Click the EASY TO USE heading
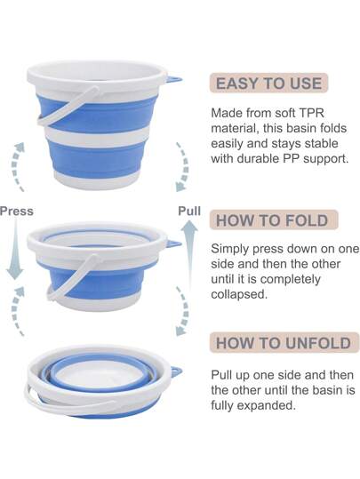268,84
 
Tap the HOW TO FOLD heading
272,220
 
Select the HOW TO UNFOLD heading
284,343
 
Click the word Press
17,212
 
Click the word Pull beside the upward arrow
189,211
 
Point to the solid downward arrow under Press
15,249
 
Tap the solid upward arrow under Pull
190,255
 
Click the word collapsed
239,294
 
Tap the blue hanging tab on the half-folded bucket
173,243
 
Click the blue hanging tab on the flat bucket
176,371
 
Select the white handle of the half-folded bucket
70,277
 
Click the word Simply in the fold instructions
229,249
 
